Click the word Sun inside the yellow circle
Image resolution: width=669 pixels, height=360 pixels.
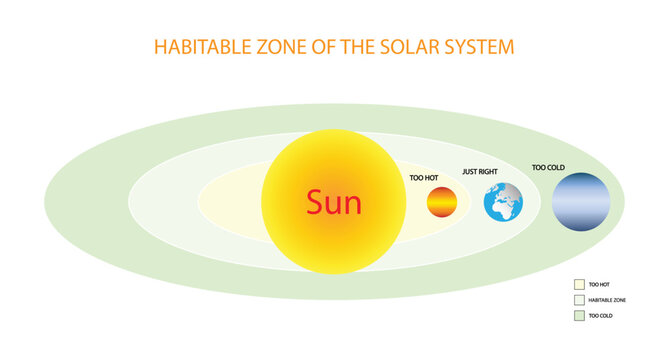click(334, 203)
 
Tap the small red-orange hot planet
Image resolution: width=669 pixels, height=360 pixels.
click(441, 203)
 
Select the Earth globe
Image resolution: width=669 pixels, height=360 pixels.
click(503, 203)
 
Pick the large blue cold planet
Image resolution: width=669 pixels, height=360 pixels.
click(581, 203)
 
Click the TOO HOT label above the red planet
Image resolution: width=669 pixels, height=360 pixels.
click(424, 177)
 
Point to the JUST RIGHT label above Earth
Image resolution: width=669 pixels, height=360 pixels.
click(480, 171)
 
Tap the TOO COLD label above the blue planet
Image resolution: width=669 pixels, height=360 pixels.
click(547, 167)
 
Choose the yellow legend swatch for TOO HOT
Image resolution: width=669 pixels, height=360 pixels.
click(578, 284)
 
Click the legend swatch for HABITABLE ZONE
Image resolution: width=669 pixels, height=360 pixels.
click(578, 300)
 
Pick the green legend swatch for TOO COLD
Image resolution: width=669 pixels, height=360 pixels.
click(578, 316)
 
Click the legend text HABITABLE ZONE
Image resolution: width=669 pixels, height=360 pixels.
click(607, 300)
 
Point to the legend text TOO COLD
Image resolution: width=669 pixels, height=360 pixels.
click(600, 316)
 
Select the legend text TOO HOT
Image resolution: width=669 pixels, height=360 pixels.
click(598, 284)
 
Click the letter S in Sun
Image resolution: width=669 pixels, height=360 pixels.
click(314, 203)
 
